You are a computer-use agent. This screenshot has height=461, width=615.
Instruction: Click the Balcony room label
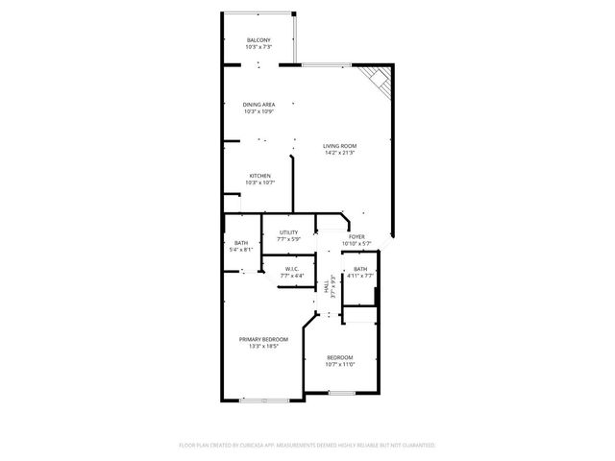(x=258, y=39)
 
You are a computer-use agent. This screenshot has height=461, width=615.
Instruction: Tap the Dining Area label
(x=259, y=104)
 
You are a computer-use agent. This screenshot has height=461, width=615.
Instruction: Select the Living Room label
(x=339, y=145)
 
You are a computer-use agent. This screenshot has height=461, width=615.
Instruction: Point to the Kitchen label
(x=259, y=176)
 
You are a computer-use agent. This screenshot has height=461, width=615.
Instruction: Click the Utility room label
(x=288, y=231)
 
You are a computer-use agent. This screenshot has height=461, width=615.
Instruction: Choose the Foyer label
(x=356, y=236)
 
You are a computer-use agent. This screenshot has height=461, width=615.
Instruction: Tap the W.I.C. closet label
(x=292, y=269)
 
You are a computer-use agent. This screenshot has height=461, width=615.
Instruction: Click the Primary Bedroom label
(x=263, y=339)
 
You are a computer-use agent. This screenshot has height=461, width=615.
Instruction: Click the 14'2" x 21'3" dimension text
(x=339, y=153)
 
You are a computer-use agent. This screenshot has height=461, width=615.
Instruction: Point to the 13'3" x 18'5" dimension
(x=263, y=347)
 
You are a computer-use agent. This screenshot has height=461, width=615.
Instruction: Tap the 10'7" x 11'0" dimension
(x=340, y=364)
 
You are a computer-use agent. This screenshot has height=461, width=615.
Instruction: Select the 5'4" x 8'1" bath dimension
(x=240, y=250)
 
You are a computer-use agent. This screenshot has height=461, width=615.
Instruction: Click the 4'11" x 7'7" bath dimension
(x=359, y=276)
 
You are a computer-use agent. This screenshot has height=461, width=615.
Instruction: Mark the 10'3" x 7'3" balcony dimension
(x=258, y=47)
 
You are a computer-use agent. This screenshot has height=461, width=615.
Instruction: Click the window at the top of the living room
(x=325, y=64)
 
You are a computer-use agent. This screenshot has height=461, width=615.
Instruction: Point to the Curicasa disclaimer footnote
(x=307, y=446)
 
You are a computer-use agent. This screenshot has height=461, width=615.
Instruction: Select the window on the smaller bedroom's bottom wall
(x=340, y=393)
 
